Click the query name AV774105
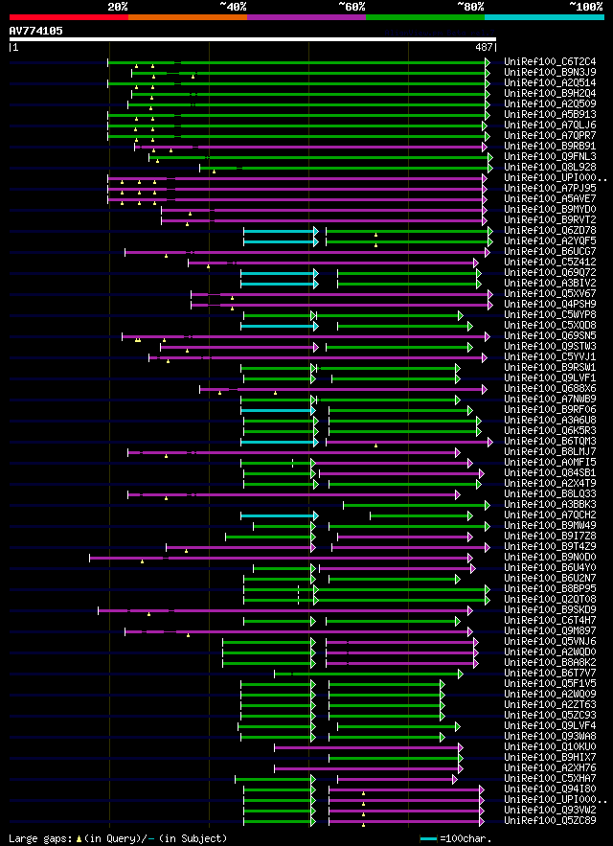pos(36,31)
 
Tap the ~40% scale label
pos(233,7)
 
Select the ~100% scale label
pos(585,7)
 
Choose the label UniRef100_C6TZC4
pos(550,61)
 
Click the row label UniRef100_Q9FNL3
pos(550,156)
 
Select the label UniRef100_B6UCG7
pos(550,251)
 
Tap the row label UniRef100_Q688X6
pos(550,388)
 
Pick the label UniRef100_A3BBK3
pos(550,504)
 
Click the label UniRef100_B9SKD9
pos(550,609)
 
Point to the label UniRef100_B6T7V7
pos(550,673)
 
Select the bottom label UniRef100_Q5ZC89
pos(550,820)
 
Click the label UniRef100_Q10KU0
pos(550,746)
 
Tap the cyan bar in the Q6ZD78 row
pos(279,231)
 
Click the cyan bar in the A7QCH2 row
pos(284,514)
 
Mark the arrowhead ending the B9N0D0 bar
pos(469,557)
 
